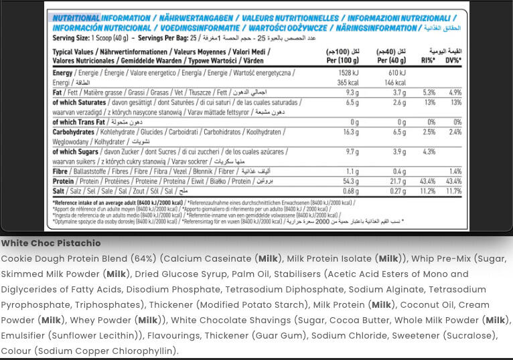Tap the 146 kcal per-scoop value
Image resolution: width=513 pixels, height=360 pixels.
pyautogui.click(x=396, y=82)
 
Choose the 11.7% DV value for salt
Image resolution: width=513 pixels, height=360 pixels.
pyautogui.click(x=453, y=191)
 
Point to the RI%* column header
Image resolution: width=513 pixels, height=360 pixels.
pyautogui.click(x=428, y=60)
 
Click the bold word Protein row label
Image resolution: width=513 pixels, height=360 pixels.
pyautogui.click(x=63, y=181)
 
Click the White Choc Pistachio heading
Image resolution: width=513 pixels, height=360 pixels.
pyautogui.click(x=51, y=244)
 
